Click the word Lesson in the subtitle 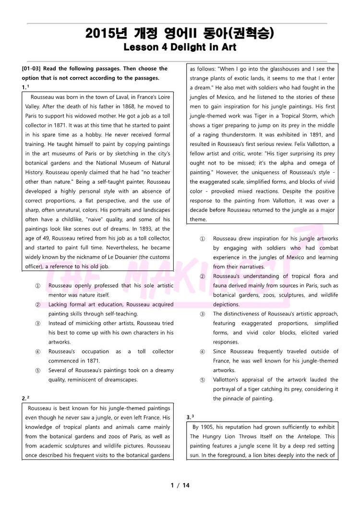[x=139, y=47]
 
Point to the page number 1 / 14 [x=180, y=485]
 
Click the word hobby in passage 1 [x=113, y=135]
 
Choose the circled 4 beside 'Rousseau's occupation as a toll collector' [x=37, y=352]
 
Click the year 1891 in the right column [x=305, y=135]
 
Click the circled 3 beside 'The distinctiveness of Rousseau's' [x=203, y=314]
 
